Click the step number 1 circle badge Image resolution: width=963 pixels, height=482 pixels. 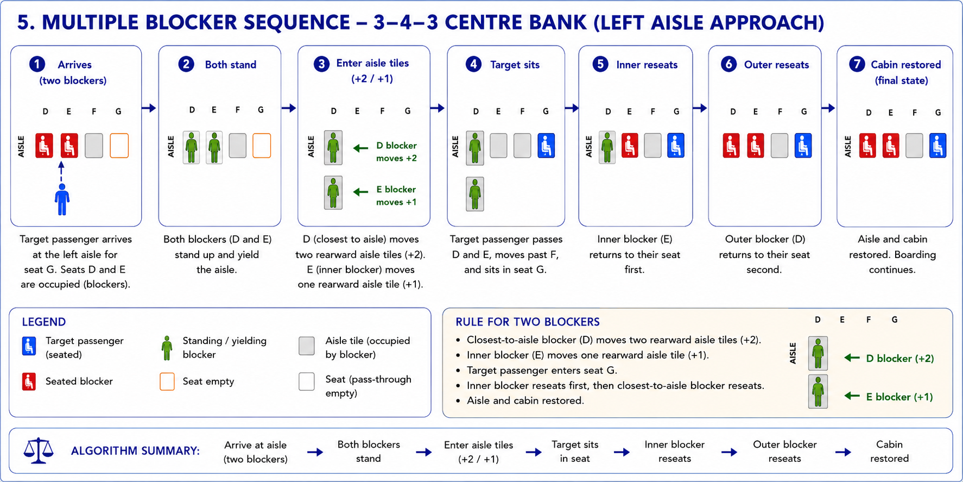(37, 65)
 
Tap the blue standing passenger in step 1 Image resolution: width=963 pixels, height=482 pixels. (62, 199)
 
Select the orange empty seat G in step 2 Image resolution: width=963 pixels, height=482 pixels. (262, 146)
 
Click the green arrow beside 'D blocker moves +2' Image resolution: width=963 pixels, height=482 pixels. (360, 148)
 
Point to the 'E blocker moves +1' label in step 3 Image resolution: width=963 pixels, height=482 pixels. (396, 196)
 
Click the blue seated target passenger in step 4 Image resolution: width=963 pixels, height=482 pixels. (546, 146)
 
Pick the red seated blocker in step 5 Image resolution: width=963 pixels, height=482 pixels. (630, 146)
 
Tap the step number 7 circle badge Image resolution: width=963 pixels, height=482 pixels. (857, 64)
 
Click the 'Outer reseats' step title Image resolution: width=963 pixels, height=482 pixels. (776, 65)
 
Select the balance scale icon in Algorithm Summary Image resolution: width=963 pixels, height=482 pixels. (39, 450)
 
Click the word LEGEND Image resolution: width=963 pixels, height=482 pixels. (44, 322)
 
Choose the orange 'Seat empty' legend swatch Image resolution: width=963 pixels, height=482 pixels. (167, 381)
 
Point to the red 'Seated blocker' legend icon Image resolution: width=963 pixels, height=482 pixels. (29, 381)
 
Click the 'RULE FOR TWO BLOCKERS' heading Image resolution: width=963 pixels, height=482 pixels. (528, 322)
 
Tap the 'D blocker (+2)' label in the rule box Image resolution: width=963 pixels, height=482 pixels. (900, 358)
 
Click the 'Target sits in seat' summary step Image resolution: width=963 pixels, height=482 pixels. (575, 452)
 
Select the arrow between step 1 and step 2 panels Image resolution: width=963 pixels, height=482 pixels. (149, 108)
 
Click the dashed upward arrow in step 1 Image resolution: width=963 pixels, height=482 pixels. (61, 171)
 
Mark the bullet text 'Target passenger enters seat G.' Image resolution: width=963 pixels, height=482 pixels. (542, 370)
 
